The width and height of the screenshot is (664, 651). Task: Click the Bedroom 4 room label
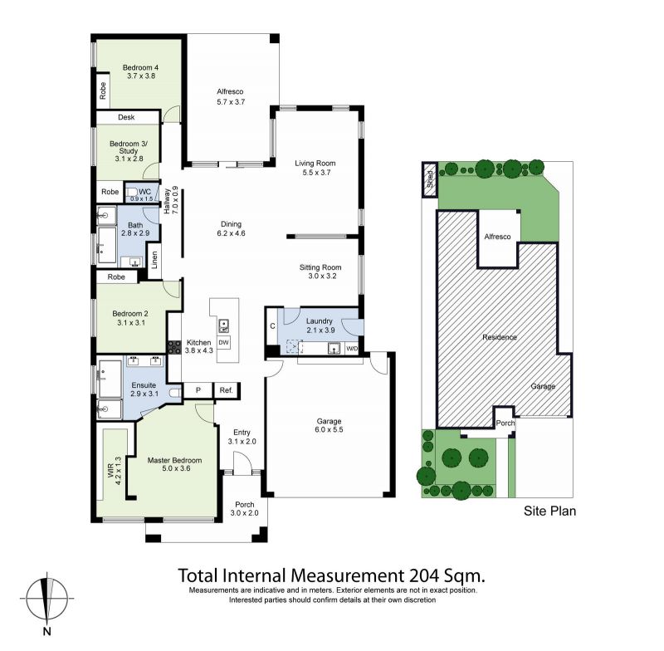coord(140,67)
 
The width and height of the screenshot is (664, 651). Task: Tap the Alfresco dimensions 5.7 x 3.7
coord(231,101)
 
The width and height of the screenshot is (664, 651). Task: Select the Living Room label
coord(315,163)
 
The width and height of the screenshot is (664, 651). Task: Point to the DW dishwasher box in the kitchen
coord(223,342)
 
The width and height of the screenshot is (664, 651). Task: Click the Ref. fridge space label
coord(226,390)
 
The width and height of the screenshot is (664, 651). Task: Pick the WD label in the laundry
coord(352,349)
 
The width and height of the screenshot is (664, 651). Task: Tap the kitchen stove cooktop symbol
coord(174,348)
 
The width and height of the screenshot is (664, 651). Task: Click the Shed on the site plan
coord(430,179)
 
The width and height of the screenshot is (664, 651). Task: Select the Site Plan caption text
coord(549,511)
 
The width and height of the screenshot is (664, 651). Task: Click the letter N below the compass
coord(47,632)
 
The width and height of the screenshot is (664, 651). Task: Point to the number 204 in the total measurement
coord(424,575)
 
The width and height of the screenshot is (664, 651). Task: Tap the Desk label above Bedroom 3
coord(126,117)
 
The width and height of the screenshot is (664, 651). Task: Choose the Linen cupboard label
coord(154,260)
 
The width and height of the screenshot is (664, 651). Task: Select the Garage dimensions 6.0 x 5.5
coord(329,429)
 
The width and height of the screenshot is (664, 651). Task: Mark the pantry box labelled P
coord(198,390)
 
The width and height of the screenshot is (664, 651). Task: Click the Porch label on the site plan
coord(505,423)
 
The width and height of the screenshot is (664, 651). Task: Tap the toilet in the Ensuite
coord(175,393)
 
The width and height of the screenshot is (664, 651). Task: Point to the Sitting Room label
coord(320,267)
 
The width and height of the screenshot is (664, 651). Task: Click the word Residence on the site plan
coord(500,337)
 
